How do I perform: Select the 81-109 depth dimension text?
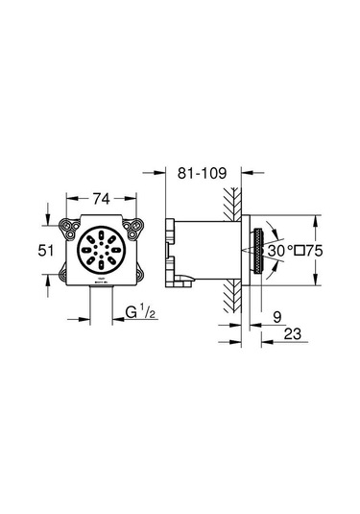point(203,173)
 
